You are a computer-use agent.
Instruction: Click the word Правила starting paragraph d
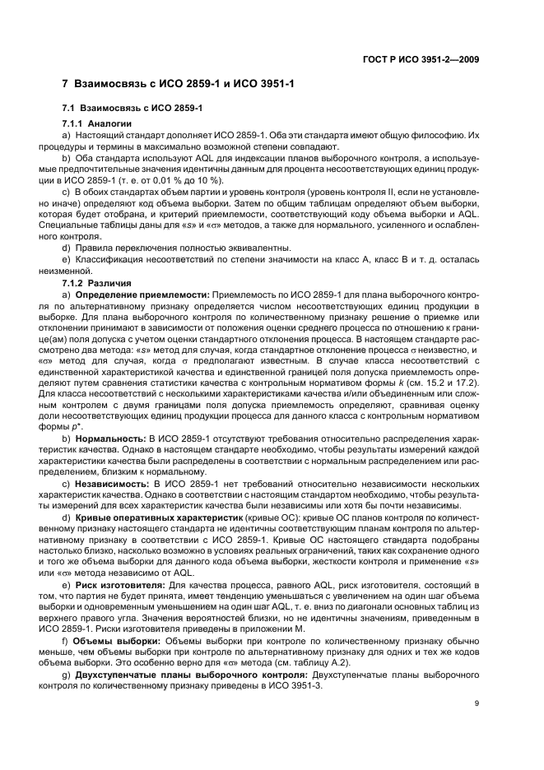pos(94,247)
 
